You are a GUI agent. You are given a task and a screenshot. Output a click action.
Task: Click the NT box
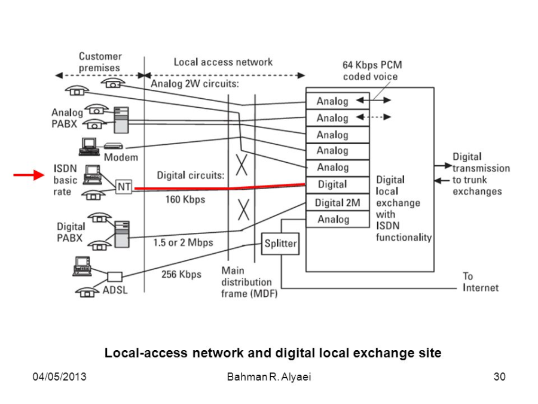[124, 187]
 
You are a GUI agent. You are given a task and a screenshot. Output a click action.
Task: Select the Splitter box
[280, 244]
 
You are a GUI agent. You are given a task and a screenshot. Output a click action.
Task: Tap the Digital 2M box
[338, 203]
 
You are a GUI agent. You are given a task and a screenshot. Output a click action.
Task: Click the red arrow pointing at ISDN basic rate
[29, 175]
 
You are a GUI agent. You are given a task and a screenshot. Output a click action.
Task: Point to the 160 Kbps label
[185, 199]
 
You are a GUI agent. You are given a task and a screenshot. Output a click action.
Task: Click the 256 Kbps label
[182, 274]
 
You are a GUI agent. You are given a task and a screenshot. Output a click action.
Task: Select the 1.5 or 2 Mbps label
[184, 242]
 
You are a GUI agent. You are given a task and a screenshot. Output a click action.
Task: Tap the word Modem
[121, 157]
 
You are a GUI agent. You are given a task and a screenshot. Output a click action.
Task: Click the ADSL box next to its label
[115, 277]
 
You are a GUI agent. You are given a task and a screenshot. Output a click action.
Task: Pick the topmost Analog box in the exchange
[338, 101]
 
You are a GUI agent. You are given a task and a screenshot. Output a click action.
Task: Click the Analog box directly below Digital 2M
[338, 219]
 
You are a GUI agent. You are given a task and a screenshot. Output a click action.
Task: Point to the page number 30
[500, 376]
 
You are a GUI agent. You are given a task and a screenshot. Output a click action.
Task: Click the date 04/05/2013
[59, 376]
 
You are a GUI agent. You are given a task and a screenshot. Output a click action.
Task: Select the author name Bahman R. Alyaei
[269, 376]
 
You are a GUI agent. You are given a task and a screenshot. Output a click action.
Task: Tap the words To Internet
[481, 282]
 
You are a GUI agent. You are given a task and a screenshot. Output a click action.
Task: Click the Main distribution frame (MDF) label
[249, 282]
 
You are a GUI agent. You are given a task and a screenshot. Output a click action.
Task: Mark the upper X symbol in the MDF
[242, 165]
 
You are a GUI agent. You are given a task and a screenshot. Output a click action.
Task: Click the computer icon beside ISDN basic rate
[93, 175]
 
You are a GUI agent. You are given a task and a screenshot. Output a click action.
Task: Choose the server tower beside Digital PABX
[122, 234]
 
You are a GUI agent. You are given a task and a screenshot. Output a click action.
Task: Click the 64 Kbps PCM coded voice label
[372, 71]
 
